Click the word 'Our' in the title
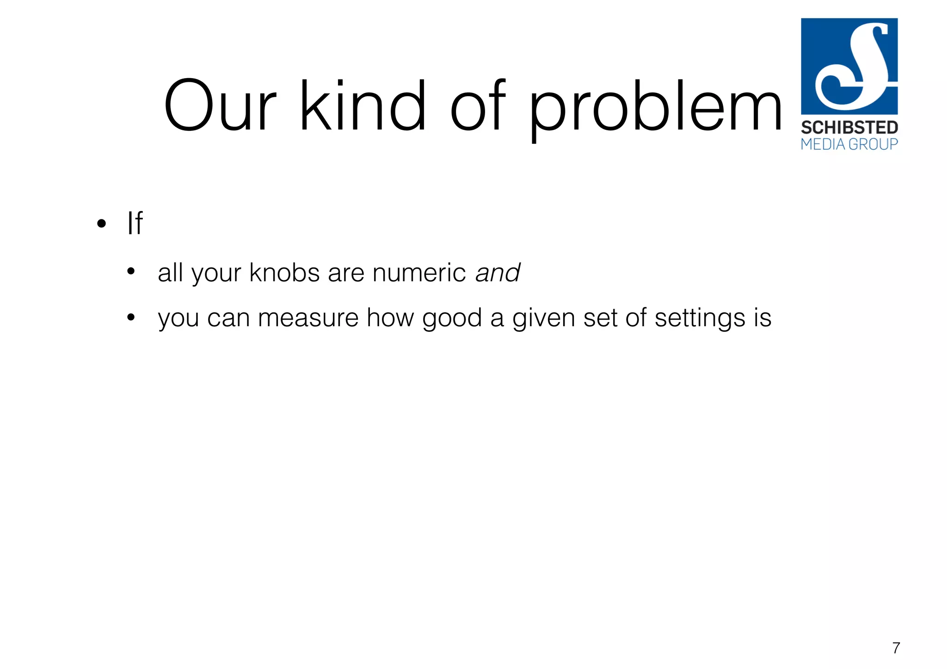pos(220,106)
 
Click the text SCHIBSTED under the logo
pos(849,128)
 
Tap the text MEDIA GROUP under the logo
pos(849,144)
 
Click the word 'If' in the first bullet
pos(135,224)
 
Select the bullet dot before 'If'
pos(102,225)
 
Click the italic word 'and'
pos(498,273)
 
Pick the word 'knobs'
pos(284,273)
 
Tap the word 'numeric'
pos(419,273)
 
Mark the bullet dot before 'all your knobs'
pos(131,272)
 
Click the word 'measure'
pos(308,318)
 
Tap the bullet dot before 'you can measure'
pos(131,317)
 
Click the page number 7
pos(896,648)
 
